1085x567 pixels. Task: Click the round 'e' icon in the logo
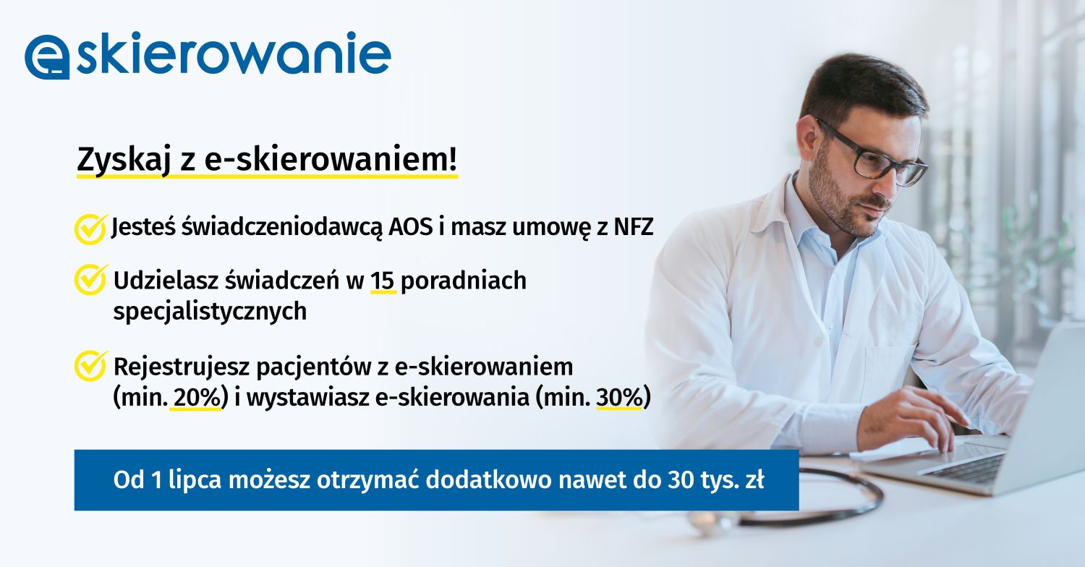(47, 56)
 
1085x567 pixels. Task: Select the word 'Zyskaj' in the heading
(124, 160)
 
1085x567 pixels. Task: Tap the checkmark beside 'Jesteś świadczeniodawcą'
(90, 229)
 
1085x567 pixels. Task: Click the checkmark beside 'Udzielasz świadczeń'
(90, 279)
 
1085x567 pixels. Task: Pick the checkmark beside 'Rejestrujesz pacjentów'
(90, 366)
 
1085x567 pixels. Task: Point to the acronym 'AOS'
(411, 226)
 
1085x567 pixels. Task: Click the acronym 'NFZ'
(634, 226)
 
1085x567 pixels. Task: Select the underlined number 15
(383, 281)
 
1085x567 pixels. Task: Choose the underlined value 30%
(619, 398)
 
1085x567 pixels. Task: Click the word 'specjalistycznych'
(210, 311)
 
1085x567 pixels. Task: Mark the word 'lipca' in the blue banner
(195, 480)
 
